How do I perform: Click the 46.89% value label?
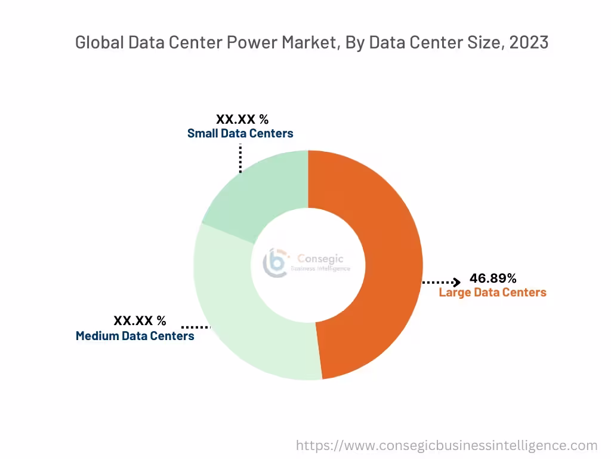click(493, 278)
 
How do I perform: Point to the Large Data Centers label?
click(492, 292)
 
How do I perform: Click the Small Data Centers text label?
click(240, 133)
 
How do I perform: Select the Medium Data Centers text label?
click(135, 336)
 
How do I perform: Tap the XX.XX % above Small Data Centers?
click(242, 119)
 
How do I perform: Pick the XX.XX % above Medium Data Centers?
click(140, 321)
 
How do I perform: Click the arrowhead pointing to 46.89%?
click(456, 282)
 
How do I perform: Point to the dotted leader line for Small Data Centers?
click(240, 158)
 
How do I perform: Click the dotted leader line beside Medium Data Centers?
click(196, 327)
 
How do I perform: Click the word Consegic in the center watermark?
click(321, 259)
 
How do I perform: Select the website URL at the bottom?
click(447, 445)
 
